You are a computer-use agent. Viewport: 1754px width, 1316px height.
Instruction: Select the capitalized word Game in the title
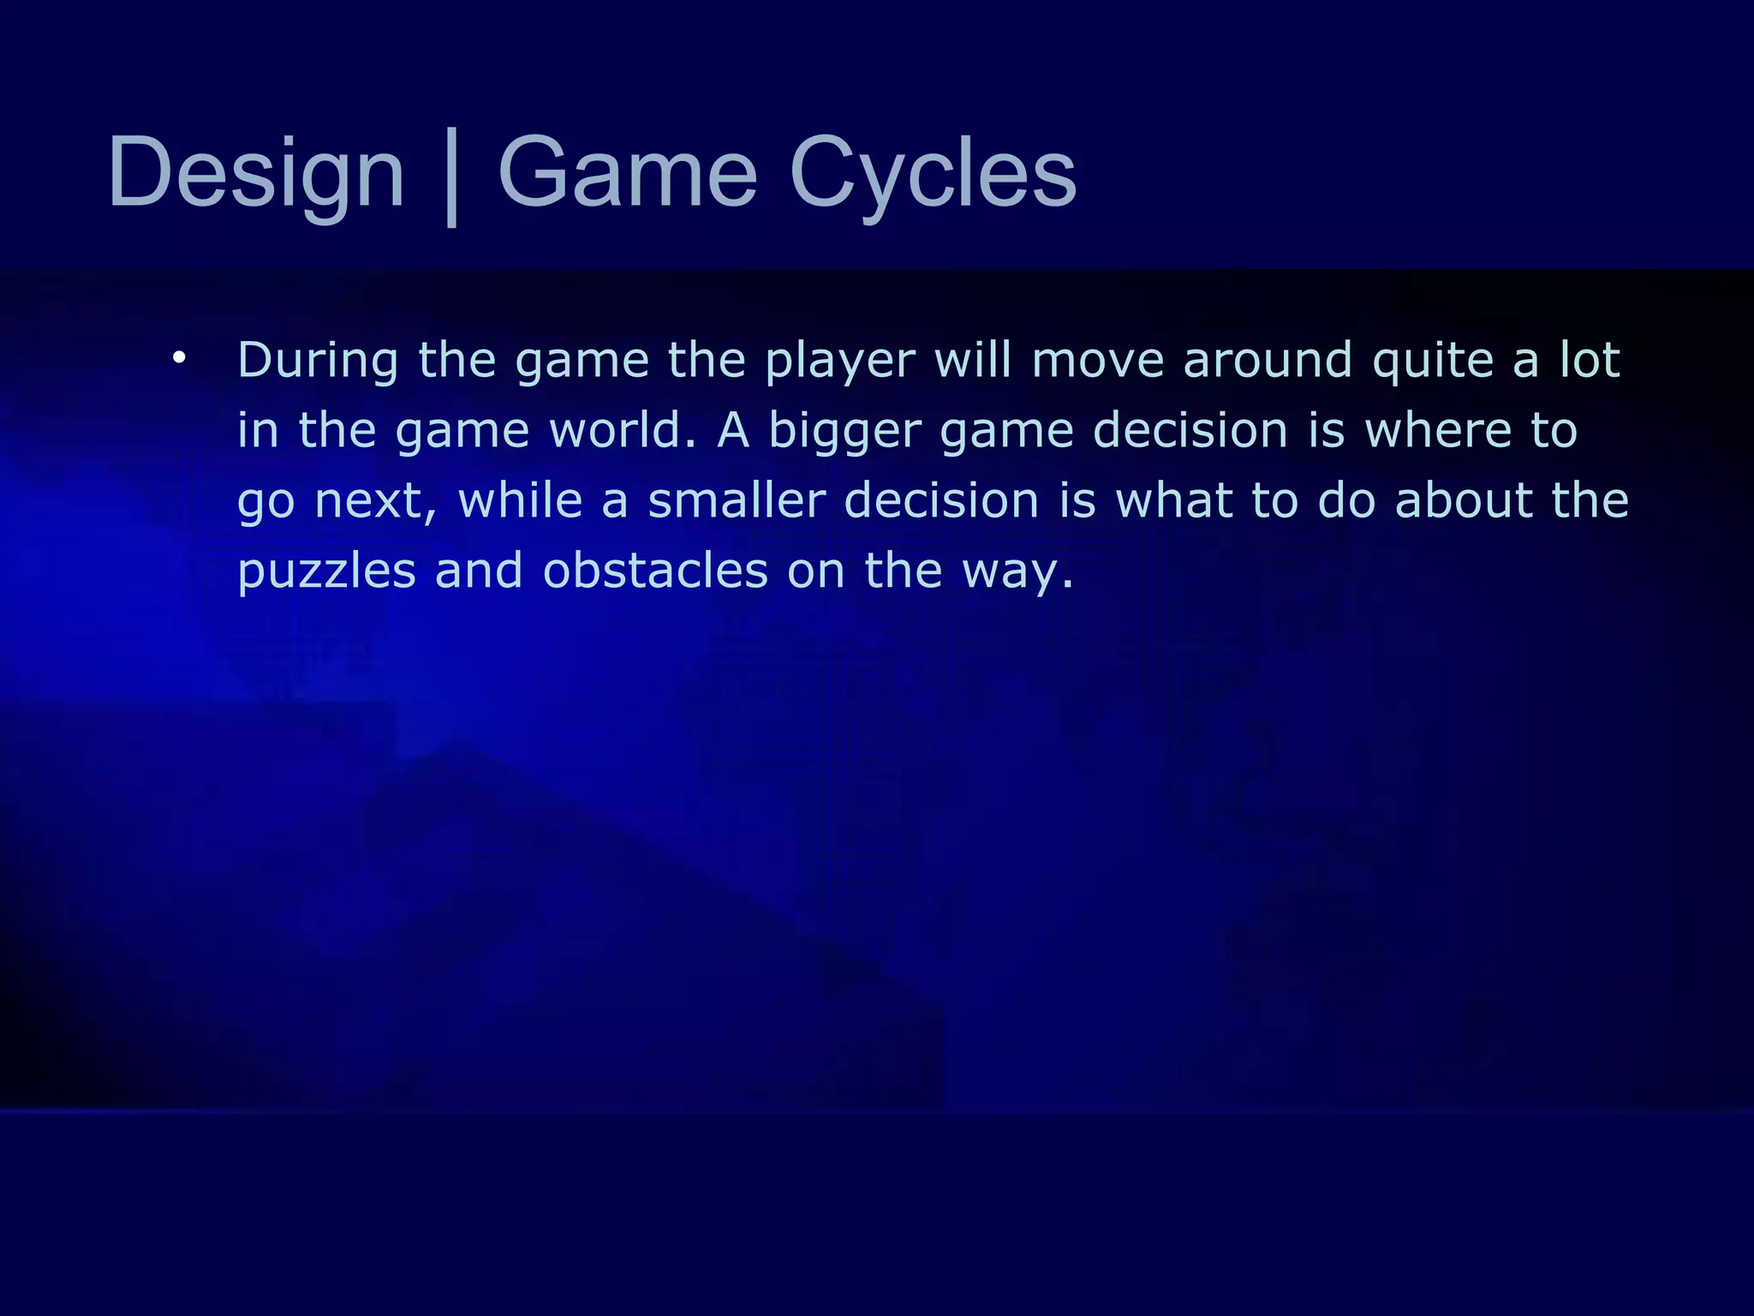tap(627, 174)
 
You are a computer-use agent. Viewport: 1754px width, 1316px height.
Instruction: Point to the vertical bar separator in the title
tap(451, 177)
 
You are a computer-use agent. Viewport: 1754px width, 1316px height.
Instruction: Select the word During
tap(318, 360)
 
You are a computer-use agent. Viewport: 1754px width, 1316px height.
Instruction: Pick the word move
tap(1097, 361)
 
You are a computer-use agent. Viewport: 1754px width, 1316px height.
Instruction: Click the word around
tap(1268, 360)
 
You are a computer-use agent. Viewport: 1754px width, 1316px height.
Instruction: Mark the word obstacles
tap(655, 571)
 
